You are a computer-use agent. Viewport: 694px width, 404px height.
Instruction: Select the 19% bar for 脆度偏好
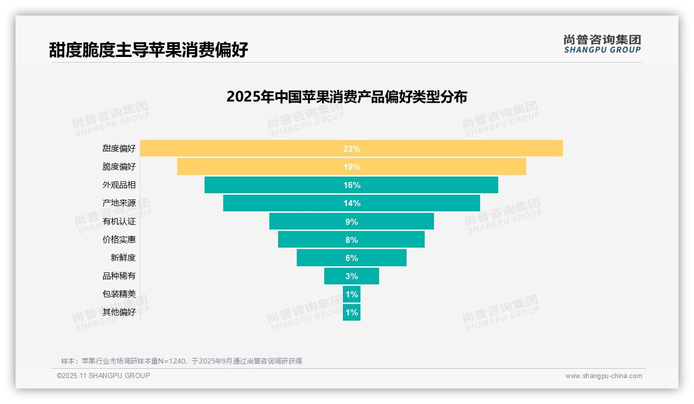coord(259,167)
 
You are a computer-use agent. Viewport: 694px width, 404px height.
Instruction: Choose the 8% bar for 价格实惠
coord(311,240)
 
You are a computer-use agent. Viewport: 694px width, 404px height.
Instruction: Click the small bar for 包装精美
coord(352,294)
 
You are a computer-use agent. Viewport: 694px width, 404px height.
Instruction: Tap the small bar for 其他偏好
coord(352,312)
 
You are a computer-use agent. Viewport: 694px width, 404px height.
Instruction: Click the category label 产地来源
coord(119,203)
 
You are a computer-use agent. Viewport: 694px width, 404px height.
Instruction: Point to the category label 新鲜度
coord(123,258)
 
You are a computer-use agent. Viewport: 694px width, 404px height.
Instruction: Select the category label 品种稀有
coord(119,276)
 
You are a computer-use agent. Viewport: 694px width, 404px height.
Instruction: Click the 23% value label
coord(352,149)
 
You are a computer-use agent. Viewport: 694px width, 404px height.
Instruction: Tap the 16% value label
coord(352,185)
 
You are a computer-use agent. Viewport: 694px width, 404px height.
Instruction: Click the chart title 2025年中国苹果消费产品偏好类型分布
coord(347,97)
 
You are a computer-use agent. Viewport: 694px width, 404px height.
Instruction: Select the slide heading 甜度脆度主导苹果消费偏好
coord(149,50)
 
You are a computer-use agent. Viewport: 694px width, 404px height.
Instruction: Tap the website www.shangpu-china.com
coord(603,376)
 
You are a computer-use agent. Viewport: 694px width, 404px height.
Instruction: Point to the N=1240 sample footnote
coord(181,361)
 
